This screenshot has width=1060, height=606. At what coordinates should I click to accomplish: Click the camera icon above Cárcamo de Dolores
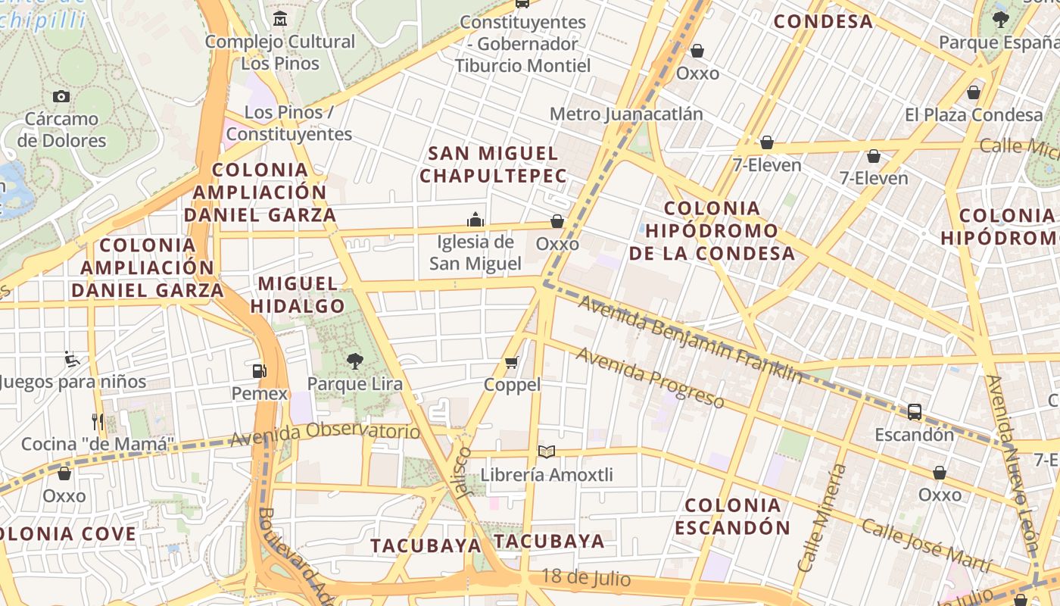click(61, 96)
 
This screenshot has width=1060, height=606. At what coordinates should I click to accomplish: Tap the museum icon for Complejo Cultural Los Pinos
click(280, 18)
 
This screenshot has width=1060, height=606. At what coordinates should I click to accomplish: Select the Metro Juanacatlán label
click(626, 114)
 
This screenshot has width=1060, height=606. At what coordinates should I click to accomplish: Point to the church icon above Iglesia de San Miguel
click(475, 220)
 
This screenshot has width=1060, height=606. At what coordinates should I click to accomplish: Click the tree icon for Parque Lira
click(354, 361)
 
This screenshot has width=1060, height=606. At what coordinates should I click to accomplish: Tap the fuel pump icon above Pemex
click(260, 370)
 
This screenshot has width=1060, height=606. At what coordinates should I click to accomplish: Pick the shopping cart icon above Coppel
click(512, 363)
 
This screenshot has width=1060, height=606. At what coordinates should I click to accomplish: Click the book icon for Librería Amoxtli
click(547, 452)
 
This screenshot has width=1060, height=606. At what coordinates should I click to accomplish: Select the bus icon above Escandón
click(915, 412)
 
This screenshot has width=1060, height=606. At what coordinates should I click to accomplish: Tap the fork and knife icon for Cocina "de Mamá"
click(98, 421)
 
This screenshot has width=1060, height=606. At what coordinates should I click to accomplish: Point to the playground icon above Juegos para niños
click(73, 358)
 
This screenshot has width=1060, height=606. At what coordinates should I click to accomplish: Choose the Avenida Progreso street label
click(650, 377)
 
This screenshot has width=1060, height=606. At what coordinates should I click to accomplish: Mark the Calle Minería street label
click(822, 518)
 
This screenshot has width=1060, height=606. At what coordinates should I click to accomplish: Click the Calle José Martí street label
click(925, 545)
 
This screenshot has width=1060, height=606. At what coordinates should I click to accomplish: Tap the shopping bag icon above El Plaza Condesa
click(974, 92)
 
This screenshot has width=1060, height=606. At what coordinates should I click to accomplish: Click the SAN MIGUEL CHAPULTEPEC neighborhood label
click(493, 164)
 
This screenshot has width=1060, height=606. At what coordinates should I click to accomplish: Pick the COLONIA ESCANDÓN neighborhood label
click(732, 516)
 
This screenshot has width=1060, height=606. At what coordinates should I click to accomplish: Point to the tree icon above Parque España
click(1001, 20)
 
